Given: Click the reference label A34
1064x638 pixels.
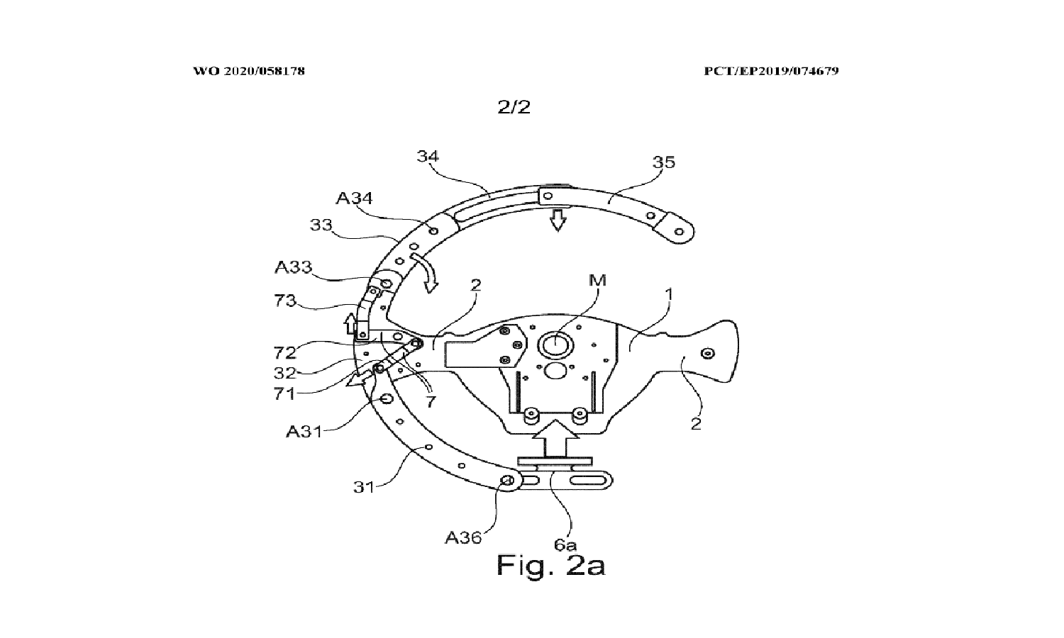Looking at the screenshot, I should (x=354, y=198).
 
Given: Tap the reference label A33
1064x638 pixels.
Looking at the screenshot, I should (x=293, y=267).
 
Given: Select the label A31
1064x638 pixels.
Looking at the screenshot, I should (x=304, y=430).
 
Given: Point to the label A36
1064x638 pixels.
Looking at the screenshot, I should (x=462, y=537).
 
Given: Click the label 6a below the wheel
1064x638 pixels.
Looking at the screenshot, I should (x=565, y=544).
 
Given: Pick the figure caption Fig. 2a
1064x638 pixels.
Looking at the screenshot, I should (x=550, y=566).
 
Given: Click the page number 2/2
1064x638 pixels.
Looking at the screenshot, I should (x=514, y=107).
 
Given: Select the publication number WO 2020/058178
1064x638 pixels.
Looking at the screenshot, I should (x=249, y=71).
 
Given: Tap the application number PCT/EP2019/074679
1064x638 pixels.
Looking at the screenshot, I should (x=771, y=71).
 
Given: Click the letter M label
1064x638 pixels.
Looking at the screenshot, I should (x=598, y=280).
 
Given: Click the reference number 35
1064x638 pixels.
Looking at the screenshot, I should (x=664, y=162).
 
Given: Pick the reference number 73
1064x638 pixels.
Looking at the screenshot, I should (x=285, y=301).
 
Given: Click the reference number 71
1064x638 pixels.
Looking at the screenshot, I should (x=284, y=394).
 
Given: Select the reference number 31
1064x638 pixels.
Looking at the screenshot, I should (x=362, y=487).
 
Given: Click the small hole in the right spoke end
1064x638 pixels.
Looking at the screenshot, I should (x=706, y=353).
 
